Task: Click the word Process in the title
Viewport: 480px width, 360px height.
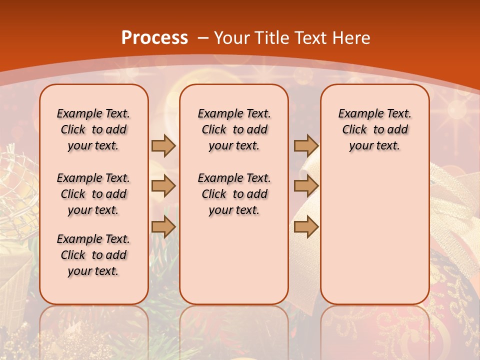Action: (154, 38)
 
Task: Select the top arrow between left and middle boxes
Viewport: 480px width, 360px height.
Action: (163, 145)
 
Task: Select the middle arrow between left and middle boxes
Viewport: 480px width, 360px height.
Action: (163, 186)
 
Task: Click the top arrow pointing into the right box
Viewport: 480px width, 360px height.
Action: (306, 145)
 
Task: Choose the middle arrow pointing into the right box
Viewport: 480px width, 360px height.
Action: (306, 186)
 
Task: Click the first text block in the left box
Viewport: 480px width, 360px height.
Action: (93, 129)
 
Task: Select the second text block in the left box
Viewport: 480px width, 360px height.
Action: (93, 194)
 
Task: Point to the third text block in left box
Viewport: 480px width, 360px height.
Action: (93, 255)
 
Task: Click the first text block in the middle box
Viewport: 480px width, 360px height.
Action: (234, 129)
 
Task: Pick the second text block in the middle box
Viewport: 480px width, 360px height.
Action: (234, 194)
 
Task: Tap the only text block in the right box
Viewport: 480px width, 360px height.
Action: (374, 129)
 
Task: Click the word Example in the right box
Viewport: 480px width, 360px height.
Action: (356, 113)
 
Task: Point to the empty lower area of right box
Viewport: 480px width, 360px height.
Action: (374, 235)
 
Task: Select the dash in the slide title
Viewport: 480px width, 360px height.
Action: (202, 38)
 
